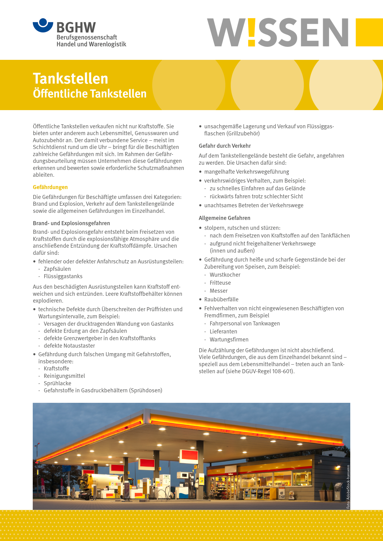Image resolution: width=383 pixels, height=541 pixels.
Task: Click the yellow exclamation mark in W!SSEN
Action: [x=252, y=32]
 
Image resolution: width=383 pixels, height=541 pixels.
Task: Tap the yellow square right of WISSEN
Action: [x=369, y=32]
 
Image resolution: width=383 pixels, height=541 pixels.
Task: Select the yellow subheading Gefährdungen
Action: [x=50, y=187]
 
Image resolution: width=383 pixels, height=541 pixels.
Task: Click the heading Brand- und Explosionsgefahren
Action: [x=71, y=223]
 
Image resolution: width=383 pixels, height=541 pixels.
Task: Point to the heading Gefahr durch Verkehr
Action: [x=225, y=146]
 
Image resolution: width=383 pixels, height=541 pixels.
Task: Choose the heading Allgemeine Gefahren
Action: [x=224, y=218]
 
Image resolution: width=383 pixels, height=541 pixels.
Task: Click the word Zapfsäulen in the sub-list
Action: [x=57, y=269]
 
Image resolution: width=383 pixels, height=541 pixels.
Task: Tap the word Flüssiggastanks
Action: [x=63, y=276]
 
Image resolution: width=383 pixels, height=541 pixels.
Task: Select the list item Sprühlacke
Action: [x=57, y=383]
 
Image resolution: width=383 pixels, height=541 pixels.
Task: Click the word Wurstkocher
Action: [x=225, y=275]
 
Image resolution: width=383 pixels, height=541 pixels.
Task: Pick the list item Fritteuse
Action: [x=220, y=283]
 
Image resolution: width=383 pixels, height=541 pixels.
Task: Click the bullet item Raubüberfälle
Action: [x=221, y=299]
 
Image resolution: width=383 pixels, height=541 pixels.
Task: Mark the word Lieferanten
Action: [x=223, y=332]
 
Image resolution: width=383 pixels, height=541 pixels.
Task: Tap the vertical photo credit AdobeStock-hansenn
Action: [x=348, y=487]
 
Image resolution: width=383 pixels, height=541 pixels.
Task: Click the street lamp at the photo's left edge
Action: [x=37, y=446]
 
